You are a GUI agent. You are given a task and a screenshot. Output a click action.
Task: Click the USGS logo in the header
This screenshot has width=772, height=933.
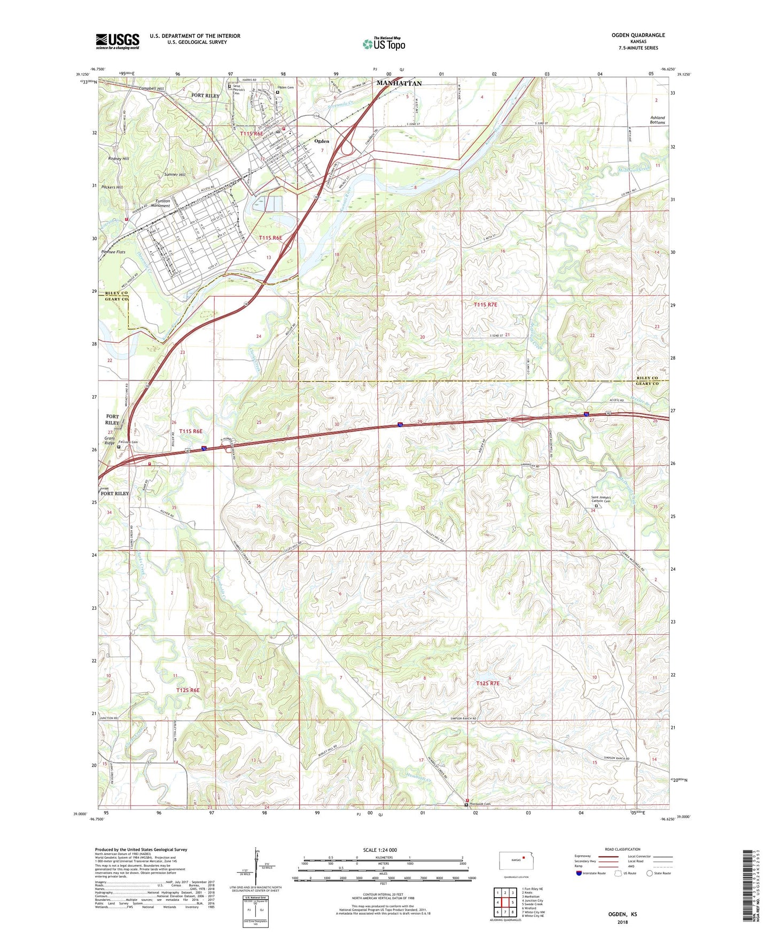117,41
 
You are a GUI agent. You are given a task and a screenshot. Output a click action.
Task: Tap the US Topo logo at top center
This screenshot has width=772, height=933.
384,44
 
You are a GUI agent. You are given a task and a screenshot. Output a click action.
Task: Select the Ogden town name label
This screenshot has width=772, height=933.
322,141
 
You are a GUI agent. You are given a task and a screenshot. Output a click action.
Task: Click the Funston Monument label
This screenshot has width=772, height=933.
160,204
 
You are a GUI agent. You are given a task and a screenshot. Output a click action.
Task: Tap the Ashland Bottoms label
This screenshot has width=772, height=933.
657,120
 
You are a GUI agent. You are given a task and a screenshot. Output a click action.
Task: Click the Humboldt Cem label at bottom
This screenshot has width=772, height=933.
480,804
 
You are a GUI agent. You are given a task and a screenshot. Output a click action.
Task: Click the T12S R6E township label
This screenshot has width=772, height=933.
188,690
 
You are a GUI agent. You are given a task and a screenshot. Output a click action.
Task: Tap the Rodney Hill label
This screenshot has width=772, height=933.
118,159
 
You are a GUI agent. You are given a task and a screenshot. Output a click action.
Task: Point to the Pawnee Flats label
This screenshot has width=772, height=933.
113,252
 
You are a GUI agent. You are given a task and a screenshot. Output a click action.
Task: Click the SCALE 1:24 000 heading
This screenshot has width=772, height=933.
380,850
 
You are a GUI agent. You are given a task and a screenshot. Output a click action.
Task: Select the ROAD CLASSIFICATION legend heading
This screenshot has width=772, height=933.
622,849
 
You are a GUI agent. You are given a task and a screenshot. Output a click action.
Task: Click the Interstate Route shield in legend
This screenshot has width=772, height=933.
579,873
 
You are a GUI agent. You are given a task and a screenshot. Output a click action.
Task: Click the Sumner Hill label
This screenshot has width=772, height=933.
175,175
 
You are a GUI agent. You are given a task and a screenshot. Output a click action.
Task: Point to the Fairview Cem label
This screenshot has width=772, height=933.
128,442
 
